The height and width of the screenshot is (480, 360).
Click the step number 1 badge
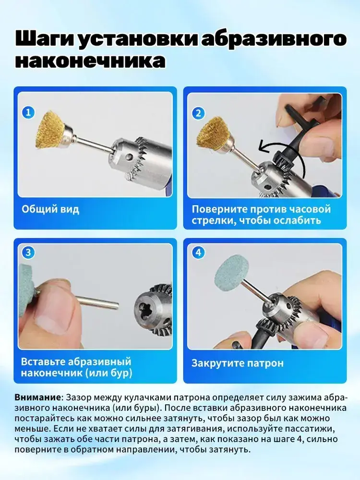pyautogui.click(x=28, y=113)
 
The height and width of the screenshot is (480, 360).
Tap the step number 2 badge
pyautogui.click(x=198, y=113)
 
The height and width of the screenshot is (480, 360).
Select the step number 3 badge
pyautogui.click(x=28, y=252)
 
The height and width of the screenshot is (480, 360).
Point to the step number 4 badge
pyautogui.click(x=198, y=252)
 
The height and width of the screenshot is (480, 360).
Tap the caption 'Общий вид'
pyautogui.click(x=50, y=210)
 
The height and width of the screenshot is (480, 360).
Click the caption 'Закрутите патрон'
pyautogui.click(x=238, y=363)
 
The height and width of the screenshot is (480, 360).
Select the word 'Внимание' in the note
pyautogui.click(x=37, y=397)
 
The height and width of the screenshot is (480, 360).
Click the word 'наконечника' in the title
pyautogui.click(x=91, y=60)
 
